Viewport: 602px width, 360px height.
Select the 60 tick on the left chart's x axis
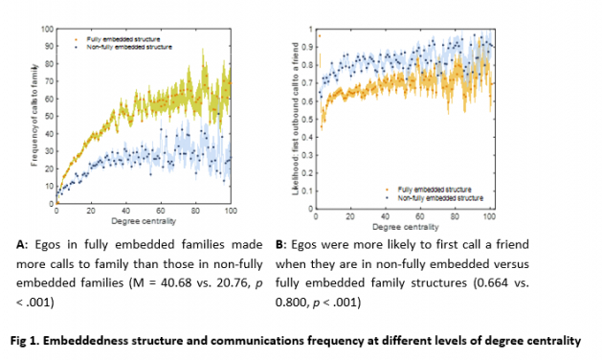pyautogui.click(x=160, y=211)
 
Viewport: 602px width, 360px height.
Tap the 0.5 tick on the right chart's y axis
pyautogui.click(x=306, y=117)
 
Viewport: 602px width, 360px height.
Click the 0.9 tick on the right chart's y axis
pyautogui.click(x=306, y=46)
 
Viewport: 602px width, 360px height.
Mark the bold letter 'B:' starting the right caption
pyautogui.click(x=280, y=244)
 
